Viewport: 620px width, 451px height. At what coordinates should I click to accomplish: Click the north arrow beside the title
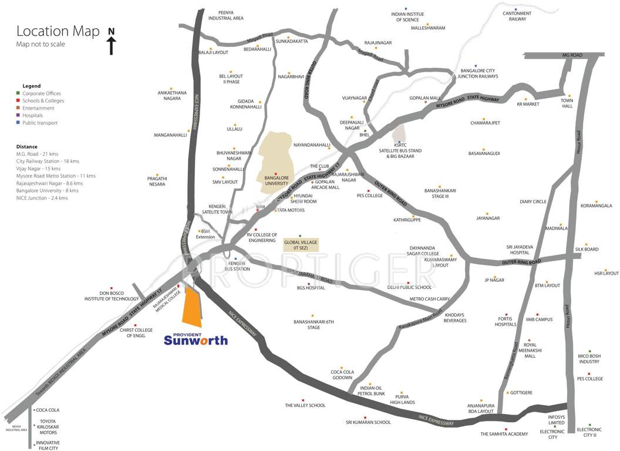click(111, 41)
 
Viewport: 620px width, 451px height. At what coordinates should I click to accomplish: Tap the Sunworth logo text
click(196, 339)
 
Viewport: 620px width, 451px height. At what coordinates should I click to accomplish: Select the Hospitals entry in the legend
click(32, 116)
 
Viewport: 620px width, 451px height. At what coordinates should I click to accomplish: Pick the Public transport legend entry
click(41, 123)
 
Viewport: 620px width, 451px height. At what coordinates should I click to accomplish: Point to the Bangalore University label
click(277, 180)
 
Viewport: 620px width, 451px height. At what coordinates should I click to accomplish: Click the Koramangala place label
click(596, 206)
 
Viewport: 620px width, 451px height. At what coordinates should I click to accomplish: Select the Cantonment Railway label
click(517, 16)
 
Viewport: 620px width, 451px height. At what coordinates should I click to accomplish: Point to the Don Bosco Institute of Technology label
click(112, 295)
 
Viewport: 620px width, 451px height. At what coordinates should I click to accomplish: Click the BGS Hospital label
click(311, 288)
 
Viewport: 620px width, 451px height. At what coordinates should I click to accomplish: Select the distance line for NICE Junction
click(42, 198)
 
